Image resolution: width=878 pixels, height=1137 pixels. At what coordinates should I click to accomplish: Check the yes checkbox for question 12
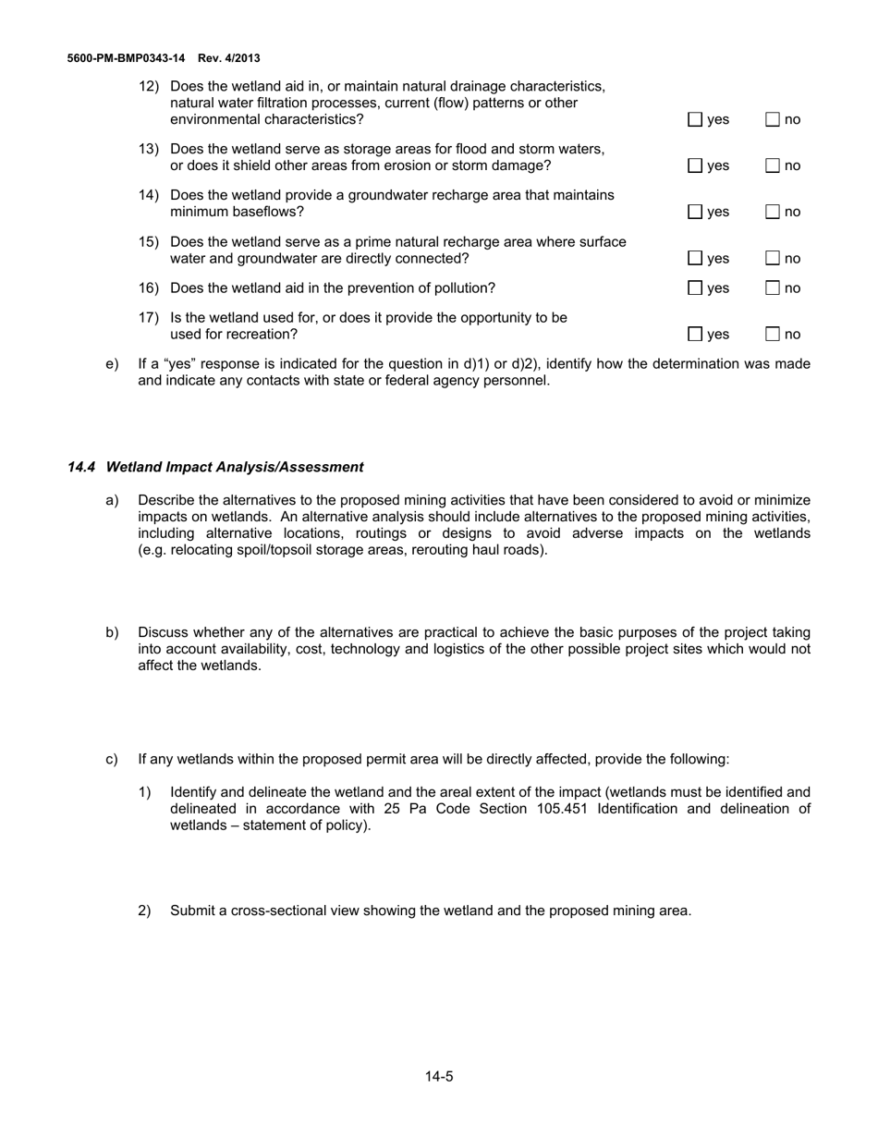pos(695,119)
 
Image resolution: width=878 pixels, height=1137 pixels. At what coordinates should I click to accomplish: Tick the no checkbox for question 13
pos(774,165)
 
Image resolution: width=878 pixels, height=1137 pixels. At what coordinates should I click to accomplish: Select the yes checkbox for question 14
pos(695,212)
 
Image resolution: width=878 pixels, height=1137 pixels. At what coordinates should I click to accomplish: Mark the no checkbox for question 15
pos(774,258)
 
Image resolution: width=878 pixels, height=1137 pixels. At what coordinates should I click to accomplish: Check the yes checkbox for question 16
pos(695,287)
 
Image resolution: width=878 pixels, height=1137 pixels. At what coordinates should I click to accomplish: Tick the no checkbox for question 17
pos(774,334)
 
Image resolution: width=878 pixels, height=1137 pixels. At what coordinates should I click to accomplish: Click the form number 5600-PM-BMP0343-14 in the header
pos(126,58)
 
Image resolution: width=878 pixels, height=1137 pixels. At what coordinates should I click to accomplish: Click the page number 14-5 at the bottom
pos(439,1076)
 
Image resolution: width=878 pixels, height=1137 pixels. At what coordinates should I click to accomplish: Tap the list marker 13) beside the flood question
pos(149,149)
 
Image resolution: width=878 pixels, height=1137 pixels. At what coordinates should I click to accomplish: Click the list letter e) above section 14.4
pos(112,363)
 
